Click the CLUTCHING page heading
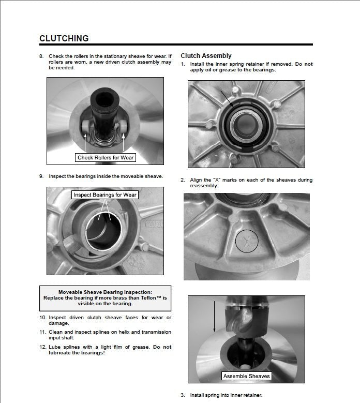tap(64, 38)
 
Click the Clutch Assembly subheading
tap(206, 56)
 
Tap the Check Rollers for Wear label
tap(106, 157)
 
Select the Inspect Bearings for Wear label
tap(105, 195)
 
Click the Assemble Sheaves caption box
tap(246, 376)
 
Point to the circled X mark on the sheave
tap(246, 241)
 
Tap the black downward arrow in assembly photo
tap(214, 316)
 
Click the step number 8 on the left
tap(41, 56)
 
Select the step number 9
tap(41, 176)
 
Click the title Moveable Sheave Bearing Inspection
tap(105, 292)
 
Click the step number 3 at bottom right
tap(183, 395)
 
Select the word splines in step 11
tap(95, 332)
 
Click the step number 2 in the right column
tap(183, 180)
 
